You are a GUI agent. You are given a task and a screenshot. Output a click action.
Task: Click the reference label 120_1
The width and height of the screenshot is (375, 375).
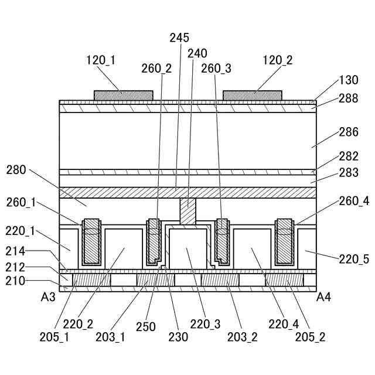click(x=100, y=59)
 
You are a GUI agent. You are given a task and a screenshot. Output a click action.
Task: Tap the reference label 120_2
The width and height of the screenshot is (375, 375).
click(x=278, y=59)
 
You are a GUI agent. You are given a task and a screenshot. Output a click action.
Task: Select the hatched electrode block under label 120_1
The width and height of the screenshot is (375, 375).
click(x=124, y=95)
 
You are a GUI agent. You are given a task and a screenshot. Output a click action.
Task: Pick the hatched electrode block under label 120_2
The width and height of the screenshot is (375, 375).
click(x=252, y=95)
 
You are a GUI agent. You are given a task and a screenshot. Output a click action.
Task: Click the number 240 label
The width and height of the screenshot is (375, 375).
click(x=197, y=53)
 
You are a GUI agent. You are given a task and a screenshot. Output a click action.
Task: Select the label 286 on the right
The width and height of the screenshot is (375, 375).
click(x=348, y=132)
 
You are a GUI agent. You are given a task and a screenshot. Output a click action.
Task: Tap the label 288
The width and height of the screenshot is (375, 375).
click(x=348, y=98)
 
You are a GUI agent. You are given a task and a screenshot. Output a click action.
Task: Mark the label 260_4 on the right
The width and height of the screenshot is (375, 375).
click(x=354, y=201)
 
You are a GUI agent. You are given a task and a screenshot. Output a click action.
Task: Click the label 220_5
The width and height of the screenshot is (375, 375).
click(x=354, y=259)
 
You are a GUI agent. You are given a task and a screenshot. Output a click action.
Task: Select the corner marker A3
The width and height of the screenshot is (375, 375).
click(x=48, y=297)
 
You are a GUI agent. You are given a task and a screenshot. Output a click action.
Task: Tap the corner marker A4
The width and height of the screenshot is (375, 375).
click(x=324, y=297)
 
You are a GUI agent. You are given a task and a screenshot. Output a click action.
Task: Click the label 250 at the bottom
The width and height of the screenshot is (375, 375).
click(x=146, y=326)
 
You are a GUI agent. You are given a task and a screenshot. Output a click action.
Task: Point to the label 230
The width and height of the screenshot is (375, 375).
click(x=178, y=336)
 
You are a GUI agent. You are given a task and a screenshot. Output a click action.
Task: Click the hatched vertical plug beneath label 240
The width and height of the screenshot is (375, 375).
click(x=187, y=212)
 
